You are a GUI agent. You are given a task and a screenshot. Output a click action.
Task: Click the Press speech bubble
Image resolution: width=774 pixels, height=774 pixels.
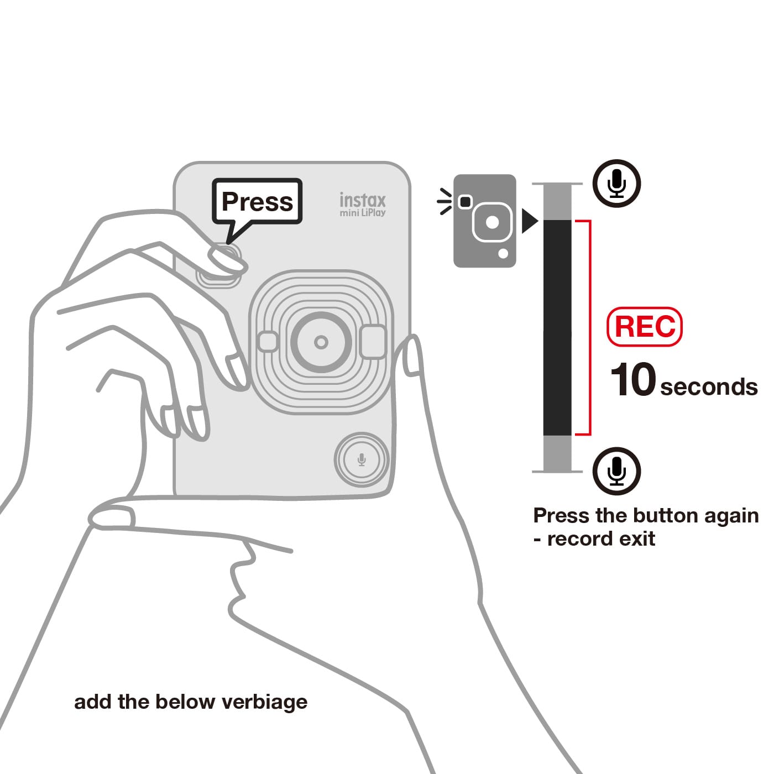257,201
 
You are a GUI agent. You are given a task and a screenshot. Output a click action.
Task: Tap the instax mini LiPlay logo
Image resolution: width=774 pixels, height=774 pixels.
362,205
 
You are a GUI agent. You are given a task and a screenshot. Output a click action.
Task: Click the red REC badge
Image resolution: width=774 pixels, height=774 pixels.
645,327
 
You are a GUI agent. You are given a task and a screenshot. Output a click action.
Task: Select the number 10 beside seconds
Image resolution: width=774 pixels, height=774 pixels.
632,379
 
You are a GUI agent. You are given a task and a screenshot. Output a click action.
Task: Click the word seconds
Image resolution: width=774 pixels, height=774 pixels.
709,387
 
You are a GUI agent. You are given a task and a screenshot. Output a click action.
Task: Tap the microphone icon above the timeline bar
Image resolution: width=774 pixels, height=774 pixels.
616,184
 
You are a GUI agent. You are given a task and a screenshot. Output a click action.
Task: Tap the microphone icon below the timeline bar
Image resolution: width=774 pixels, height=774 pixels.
616,471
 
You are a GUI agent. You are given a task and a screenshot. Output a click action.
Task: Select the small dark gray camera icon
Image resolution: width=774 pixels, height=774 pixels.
485,221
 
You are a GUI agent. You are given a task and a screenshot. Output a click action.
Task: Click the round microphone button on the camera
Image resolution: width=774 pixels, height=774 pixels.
362,459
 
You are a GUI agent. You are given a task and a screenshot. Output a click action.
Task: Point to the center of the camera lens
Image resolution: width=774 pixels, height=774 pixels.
321,342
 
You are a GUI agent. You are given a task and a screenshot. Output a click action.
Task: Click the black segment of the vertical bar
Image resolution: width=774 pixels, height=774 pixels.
557,328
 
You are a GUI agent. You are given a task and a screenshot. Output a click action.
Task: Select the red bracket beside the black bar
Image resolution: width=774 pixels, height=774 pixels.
590,328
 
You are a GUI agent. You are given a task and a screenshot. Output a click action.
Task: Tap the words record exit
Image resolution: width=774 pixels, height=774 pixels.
602,538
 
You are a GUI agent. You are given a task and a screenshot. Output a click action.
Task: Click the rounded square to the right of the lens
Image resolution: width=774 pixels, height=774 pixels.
374,342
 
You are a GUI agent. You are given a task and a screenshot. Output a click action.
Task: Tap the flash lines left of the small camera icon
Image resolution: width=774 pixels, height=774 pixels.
444,201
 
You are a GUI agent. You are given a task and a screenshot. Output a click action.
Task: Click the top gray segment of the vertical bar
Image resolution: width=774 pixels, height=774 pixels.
557,202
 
